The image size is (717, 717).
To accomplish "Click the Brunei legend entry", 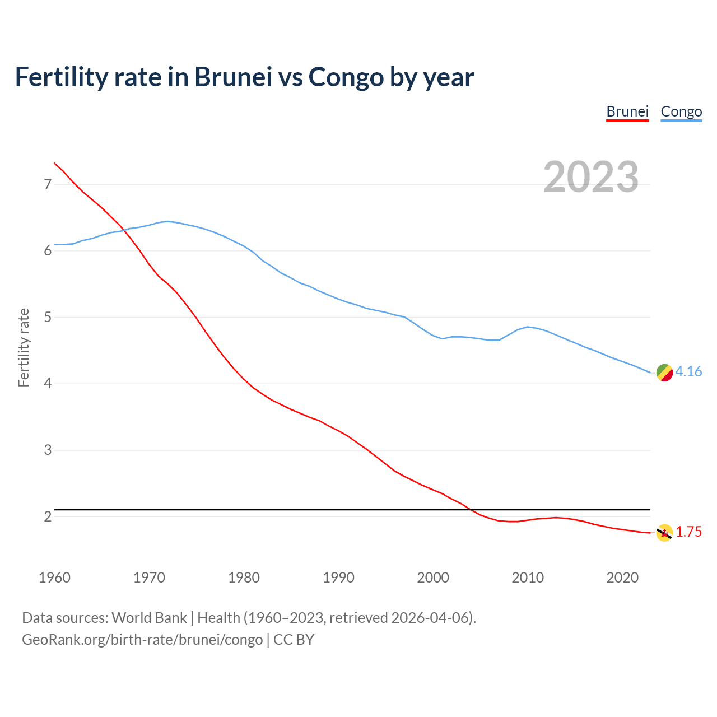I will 627,111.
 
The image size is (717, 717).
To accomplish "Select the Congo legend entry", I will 681,111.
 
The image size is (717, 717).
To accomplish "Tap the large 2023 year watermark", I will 591,177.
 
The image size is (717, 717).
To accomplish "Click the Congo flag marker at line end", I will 664,373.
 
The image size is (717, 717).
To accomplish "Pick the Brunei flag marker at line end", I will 664,533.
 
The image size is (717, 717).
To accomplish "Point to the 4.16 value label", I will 688,371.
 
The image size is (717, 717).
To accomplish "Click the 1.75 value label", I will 688,532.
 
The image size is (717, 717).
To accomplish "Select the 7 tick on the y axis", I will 48,184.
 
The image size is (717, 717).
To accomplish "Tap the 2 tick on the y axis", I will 48,516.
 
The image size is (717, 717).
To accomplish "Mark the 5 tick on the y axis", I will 48,317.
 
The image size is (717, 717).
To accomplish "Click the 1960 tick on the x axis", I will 54,578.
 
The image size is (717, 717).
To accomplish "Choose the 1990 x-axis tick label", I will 338,578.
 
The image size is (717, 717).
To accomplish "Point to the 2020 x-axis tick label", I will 622,578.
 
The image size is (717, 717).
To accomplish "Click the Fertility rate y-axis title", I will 24,347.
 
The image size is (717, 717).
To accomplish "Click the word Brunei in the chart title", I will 233,77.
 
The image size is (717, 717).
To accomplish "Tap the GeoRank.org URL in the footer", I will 142,639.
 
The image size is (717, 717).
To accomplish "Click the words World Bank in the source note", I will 149,617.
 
